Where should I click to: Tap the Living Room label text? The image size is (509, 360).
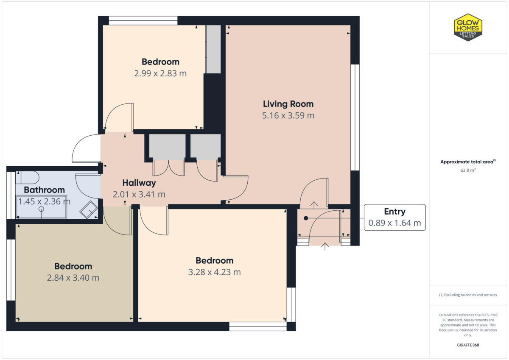point(288,104)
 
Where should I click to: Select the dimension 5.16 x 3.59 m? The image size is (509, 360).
point(288,115)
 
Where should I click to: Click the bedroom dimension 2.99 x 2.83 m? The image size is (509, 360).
point(160,73)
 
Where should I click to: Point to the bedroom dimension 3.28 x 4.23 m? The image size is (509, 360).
point(214,272)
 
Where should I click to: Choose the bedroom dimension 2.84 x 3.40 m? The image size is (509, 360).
point(73,278)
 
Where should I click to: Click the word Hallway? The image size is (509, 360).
point(139,183)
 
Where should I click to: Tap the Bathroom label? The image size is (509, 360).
point(44,190)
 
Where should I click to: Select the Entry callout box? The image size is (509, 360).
point(394,217)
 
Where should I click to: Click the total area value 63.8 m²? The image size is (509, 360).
point(468,170)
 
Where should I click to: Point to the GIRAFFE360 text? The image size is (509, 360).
point(468,345)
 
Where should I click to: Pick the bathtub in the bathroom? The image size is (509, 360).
point(41,207)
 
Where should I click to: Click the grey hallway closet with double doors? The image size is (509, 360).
point(167,147)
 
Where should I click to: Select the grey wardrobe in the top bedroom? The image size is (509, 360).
point(213,49)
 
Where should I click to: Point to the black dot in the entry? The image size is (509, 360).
point(305,218)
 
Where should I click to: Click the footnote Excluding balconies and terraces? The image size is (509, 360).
point(468,295)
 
